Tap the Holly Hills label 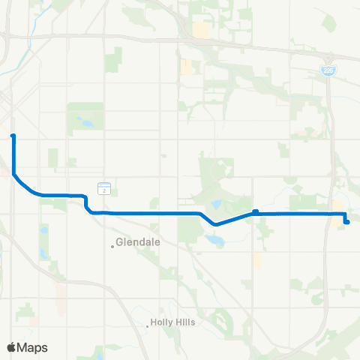pyautogui.click(x=172, y=324)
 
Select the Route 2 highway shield pyautogui.click(x=103, y=187)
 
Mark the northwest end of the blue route pyautogui.click(x=13, y=136)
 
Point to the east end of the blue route pyautogui.click(x=346, y=221)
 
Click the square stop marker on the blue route pyautogui.click(x=256, y=211)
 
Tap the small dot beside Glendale pyautogui.click(x=113, y=244)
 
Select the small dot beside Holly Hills pyautogui.click(x=148, y=325)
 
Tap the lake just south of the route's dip pyautogui.click(x=215, y=240)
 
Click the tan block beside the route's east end pyautogui.click(x=337, y=206)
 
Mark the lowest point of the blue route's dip pyautogui.click(x=216, y=223)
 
